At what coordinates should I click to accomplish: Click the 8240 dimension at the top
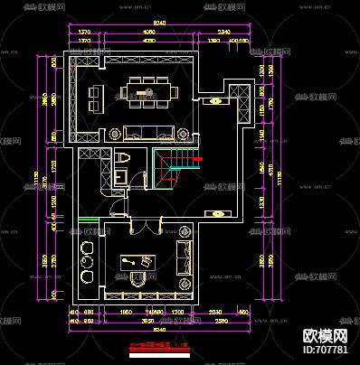point(159,23)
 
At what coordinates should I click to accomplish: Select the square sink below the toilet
point(124,176)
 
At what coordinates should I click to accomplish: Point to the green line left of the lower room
point(89,220)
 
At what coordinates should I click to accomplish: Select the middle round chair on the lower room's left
point(88,264)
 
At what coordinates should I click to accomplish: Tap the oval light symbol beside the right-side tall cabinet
point(216,101)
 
